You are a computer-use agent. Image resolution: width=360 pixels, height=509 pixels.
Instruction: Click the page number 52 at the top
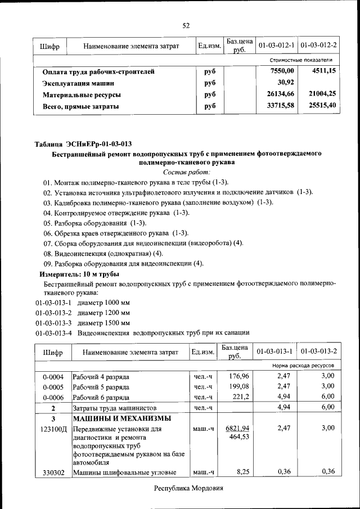coord(186,25)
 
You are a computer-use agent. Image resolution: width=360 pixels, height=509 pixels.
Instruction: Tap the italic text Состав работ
coord(186,172)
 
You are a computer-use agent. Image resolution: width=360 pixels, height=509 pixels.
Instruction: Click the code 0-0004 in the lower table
coord(53,376)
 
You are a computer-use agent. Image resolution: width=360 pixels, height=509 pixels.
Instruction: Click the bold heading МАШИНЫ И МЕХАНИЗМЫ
coord(122,418)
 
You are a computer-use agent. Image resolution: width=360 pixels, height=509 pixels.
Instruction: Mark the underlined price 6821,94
coord(236,428)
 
